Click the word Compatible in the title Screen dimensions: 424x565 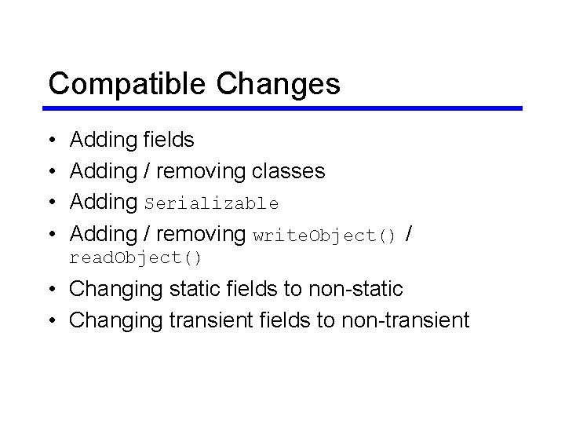coord(126,83)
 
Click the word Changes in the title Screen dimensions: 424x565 coord(277,83)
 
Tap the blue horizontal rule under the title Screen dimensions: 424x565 coord(284,108)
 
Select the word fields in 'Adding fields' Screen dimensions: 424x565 coord(169,140)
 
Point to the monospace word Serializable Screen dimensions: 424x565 coord(212,203)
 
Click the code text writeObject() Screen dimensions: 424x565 coord(324,236)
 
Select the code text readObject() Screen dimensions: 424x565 coord(136,258)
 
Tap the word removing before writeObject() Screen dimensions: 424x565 coord(201,234)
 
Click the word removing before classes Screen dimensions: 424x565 coord(201,171)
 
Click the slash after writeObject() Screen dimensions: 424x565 coord(410,234)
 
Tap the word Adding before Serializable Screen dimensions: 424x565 coord(104,203)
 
